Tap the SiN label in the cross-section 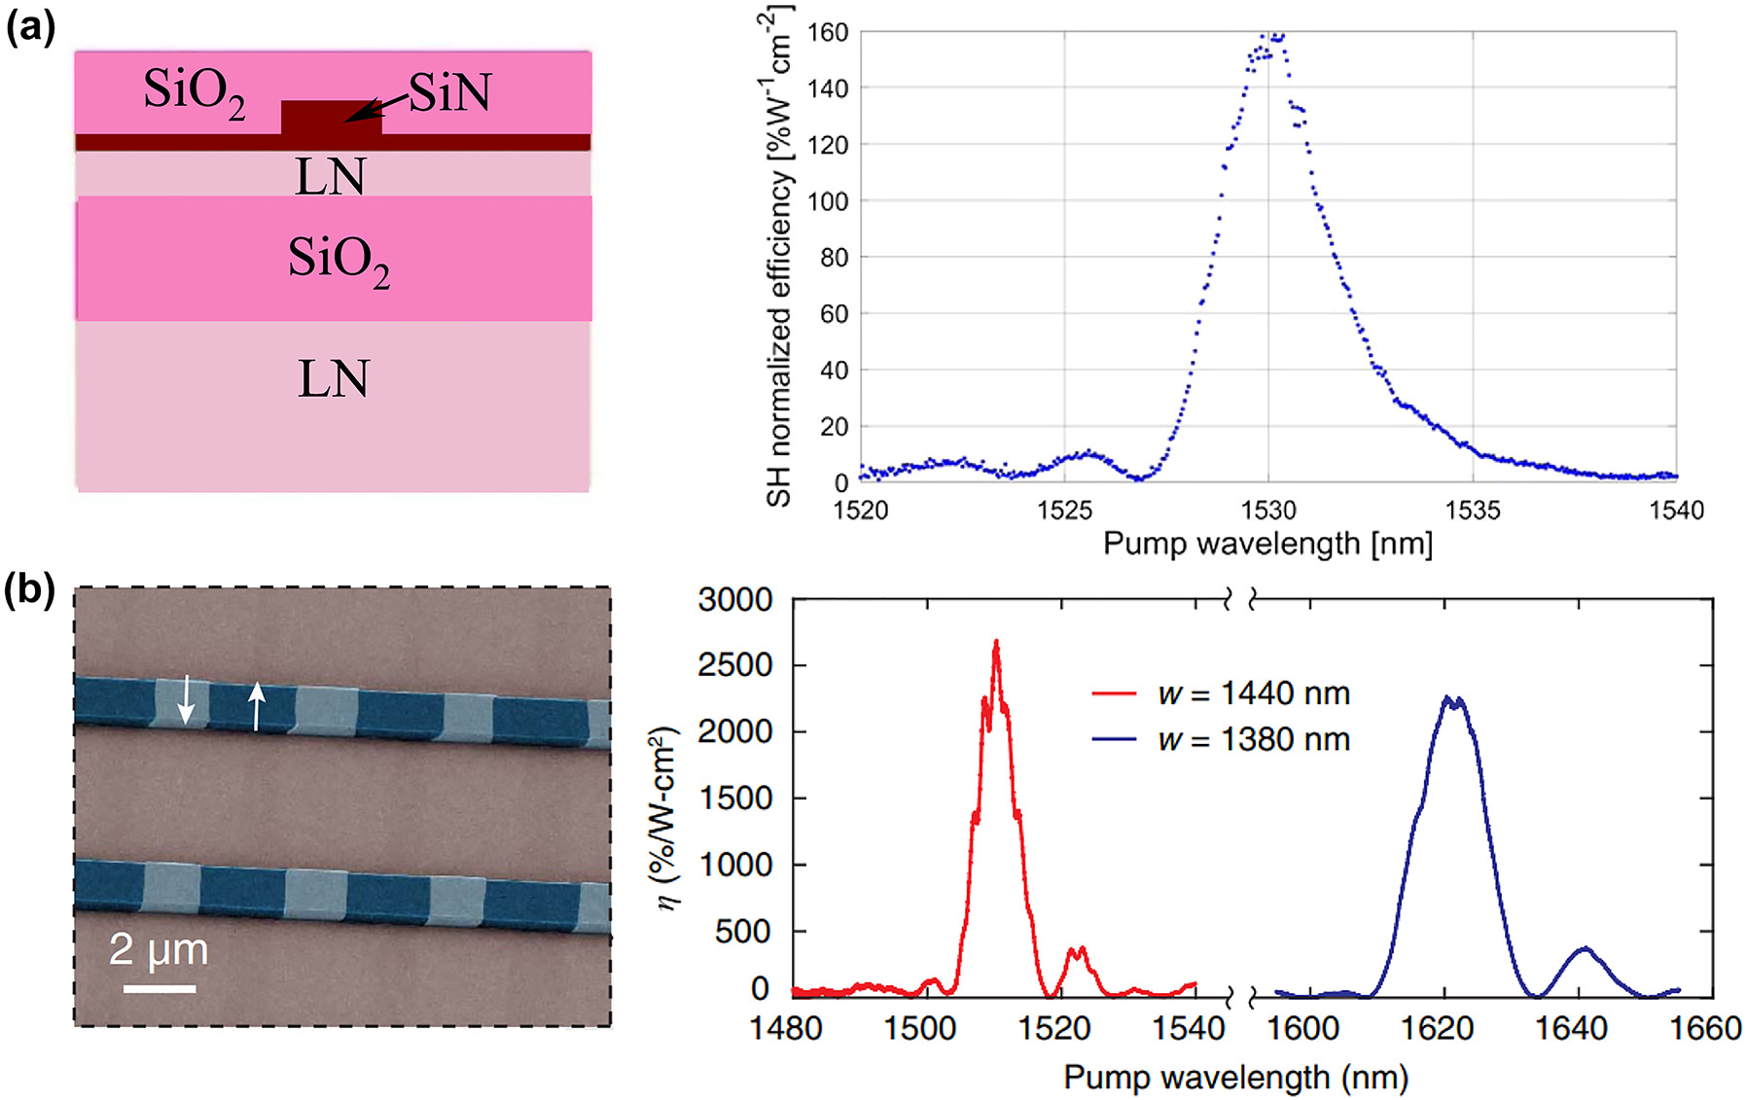(x=449, y=93)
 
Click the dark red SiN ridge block (x=331, y=118)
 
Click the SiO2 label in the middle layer (x=339, y=262)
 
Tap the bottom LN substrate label (x=333, y=379)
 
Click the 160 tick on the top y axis (x=827, y=32)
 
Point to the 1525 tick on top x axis (x=1064, y=510)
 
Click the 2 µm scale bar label (x=159, y=949)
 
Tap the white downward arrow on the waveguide (x=187, y=700)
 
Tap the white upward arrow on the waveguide (x=256, y=706)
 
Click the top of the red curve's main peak (x=996, y=643)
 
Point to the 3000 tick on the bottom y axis (x=735, y=600)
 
